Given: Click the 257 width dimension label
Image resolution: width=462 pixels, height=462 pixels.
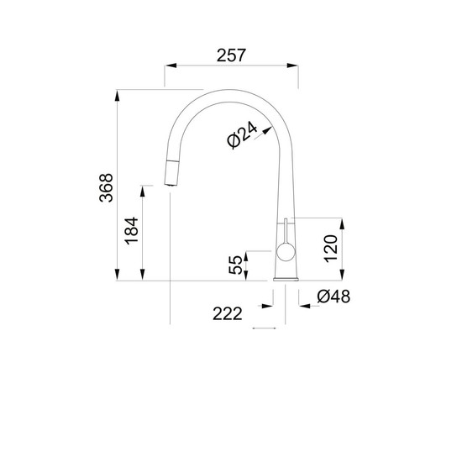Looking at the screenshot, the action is pyautogui.click(x=231, y=55).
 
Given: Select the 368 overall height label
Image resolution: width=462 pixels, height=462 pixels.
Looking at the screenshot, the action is pyautogui.click(x=106, y=187).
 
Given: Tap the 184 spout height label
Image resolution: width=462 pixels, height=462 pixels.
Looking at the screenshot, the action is pyautogui.click(x=131, y=231).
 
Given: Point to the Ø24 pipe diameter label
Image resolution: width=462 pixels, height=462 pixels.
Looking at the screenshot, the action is pyautogui.click(x=243, y=135).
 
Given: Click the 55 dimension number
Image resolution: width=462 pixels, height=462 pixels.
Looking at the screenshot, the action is pyautogui.click(x=235, y=265).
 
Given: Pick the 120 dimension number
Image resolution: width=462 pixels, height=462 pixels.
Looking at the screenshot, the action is pyautogui.click(x=331, y=249).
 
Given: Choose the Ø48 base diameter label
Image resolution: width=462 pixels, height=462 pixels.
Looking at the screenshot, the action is pyautogui.click(x=333, y=297).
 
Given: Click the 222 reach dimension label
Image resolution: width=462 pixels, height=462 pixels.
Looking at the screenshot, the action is pyautogui.click(x=227, y=314).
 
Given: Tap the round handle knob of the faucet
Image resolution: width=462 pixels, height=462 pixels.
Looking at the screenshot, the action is pyautogui.click(x=286, y=252).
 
